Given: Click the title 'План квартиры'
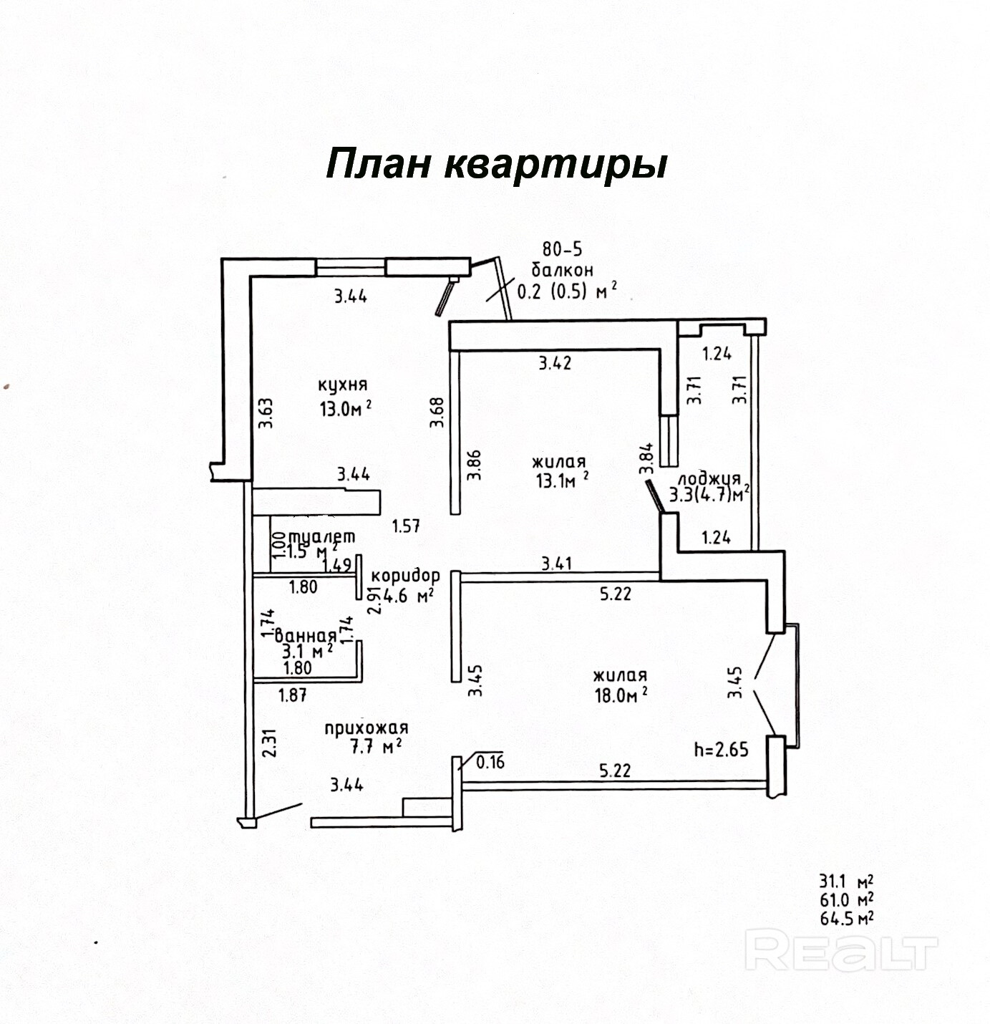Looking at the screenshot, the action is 497,165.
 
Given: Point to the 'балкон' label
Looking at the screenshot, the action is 562,270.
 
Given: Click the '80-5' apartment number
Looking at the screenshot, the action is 562,249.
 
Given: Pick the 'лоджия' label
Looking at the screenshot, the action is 709,478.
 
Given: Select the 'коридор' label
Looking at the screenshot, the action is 406,575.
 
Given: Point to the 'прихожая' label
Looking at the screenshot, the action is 367,728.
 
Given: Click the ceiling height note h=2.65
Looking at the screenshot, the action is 721,750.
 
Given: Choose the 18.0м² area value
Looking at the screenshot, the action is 620,695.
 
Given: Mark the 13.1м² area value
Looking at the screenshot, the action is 563,480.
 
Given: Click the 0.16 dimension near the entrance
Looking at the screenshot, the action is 490,762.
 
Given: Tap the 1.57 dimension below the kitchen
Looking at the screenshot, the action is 406,526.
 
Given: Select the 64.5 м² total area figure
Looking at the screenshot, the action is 846,919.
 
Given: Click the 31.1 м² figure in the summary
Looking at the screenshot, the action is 846,881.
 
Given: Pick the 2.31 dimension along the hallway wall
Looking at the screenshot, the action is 268,743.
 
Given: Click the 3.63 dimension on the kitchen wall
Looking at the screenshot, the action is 266,412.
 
